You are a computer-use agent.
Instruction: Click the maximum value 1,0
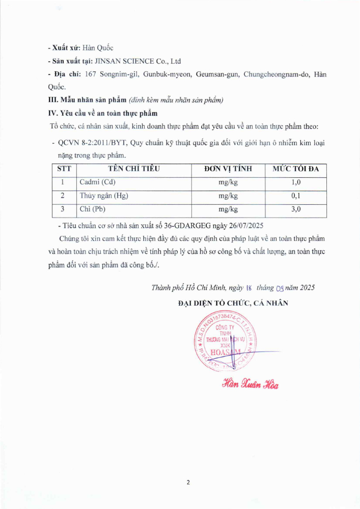coord(296,182)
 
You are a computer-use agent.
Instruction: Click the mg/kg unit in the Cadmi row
coord(228,182)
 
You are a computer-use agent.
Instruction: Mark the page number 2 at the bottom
coord(188,483)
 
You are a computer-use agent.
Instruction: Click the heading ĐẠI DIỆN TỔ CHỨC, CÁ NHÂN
coord(233,303)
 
